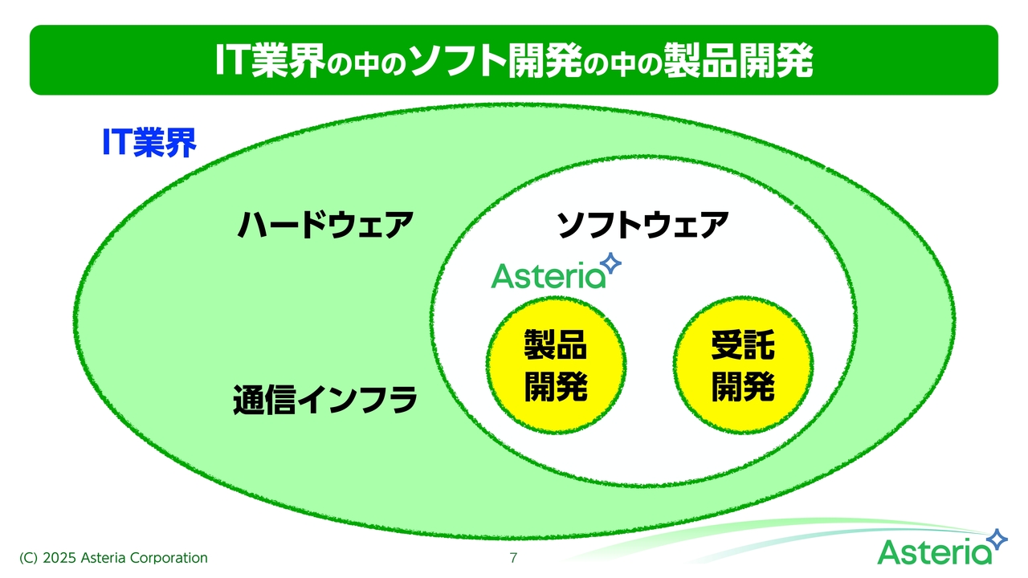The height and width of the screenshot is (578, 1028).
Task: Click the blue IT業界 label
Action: (x=149, y=143)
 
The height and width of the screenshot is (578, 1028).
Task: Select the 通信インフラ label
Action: (x=325, y=399)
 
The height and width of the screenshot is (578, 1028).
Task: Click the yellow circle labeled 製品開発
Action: (x=557, y=365)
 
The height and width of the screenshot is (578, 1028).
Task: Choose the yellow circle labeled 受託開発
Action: (x=743, y=365)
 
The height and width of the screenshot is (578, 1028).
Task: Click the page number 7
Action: (x=513, y=558)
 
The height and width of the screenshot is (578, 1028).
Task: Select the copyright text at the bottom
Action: (x=113, y=558)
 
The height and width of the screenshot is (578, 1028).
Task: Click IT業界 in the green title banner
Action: (x=270, y=60)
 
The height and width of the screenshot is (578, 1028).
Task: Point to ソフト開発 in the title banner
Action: (x=496, y=60)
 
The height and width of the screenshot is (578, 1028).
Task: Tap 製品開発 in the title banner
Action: (x=738, y=60)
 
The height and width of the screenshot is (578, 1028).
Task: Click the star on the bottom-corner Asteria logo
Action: (x=997, y=539)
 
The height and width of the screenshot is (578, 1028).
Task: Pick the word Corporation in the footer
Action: (x=169, y=558)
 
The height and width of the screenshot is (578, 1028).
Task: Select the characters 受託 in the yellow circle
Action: (x=743, y=345)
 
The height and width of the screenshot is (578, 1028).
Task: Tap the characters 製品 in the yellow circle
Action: (x=556, y=345)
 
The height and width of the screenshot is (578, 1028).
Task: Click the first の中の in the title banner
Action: (x=367, y=63)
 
